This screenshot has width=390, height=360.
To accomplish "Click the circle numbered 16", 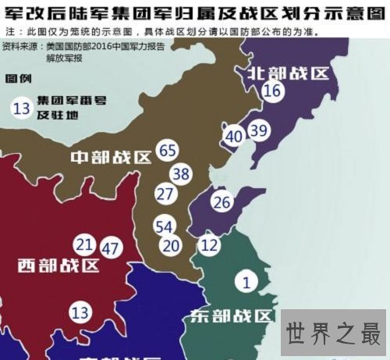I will click(272, 91).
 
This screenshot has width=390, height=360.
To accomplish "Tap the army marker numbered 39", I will click(258, 130).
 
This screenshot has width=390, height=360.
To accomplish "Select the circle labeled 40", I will click(234, 135).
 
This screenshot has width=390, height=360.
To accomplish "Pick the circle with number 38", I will click(181, 173).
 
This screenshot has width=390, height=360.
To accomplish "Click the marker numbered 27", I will click(165, 194).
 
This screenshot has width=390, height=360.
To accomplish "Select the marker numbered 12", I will click(208, 245).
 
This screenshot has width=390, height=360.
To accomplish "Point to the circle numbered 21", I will click(85, 244).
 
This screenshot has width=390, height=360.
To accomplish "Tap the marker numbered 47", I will click(112, 249).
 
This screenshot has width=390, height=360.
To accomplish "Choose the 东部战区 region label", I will click(232, 316).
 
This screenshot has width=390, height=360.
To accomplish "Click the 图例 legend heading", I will click(19, 80).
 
